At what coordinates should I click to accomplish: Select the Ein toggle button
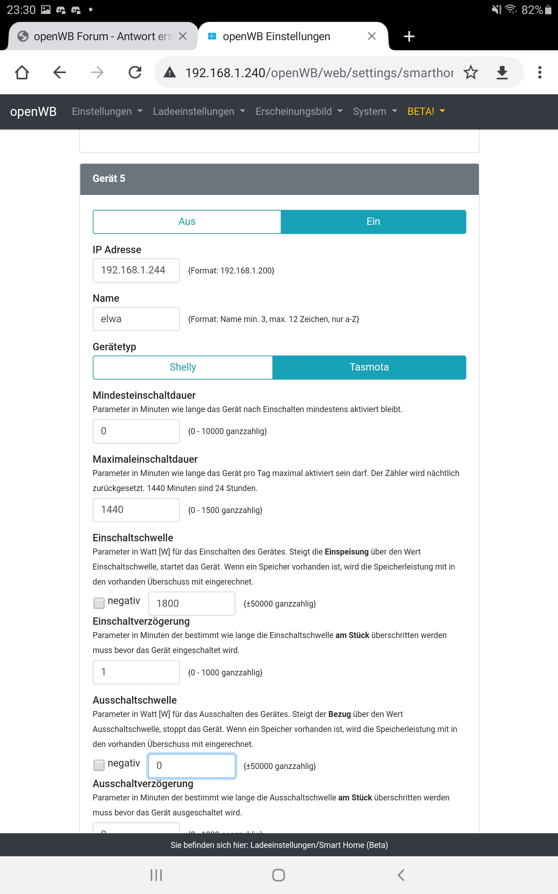click(x=373, y=222)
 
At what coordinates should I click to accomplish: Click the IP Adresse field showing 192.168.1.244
click(x=136, y=270)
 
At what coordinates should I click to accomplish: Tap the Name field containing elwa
click(x=136, y=319)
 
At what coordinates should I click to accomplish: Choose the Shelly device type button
click(x=183, y=367)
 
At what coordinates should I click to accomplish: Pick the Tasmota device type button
click(x=369, y=367)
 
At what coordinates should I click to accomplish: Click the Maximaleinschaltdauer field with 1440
click(x=136, y=510)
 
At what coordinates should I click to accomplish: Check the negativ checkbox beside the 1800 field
click(x=99, y=603)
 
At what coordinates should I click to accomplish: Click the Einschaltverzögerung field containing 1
click(x=136, y=672)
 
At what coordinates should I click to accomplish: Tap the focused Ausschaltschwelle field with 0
click(x=191, y=765)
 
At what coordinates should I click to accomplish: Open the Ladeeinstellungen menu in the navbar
click(x=198, y=111)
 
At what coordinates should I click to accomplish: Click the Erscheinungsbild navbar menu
click(x=299, y=111)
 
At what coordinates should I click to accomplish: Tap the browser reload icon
click(x=135, y=72)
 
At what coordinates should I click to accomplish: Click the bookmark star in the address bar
click(x=471, y=72)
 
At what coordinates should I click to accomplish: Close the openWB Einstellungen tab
click(x=372, y=36)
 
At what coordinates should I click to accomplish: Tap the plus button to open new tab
click(x=409, y=36)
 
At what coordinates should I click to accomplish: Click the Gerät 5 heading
click(x=109, y=179)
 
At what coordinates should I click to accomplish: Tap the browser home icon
click(x=22, y=72)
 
